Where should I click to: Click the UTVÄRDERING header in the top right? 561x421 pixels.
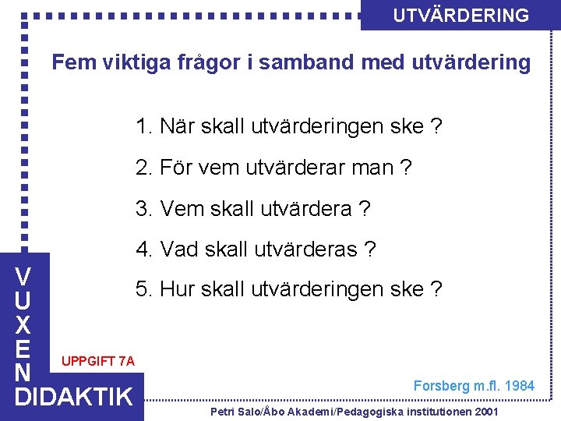point(460,16)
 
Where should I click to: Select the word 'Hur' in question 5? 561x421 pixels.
point(178,290)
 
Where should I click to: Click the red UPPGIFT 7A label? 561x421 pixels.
point(97,361)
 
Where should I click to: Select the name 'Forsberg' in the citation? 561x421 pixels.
point(440,385)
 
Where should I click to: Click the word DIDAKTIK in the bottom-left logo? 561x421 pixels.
point(74,397)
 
